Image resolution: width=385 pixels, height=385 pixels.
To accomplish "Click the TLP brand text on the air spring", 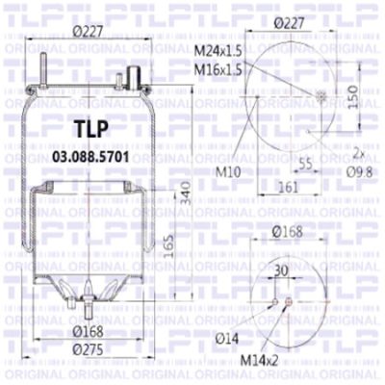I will click(x=91, y=129).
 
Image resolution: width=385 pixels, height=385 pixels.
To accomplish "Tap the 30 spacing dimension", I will click(x=282, y=272).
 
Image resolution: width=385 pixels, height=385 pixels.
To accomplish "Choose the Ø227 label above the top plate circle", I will click(x=290, y=22).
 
